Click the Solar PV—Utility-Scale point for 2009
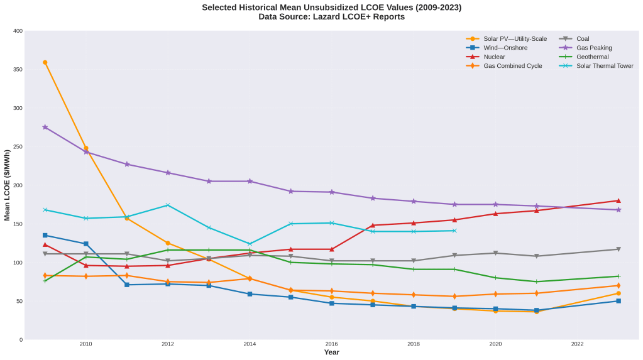point(45,62)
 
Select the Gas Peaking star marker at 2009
point(45,127)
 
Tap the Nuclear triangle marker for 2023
point(618,200)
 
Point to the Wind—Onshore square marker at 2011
point(127,285)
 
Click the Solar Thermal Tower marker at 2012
point(168,205)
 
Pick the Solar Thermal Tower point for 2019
point(454,231)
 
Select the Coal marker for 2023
point(618,249)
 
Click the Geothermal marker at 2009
point(45,281)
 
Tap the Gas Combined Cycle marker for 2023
point(618,286)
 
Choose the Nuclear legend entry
point(494,57)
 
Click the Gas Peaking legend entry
point(593,48)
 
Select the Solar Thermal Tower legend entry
point(605,66)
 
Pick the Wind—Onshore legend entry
point(505,48)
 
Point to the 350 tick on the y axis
point(18,69)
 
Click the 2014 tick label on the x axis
point(250,344)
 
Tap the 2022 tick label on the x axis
point(578,344)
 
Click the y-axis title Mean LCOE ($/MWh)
point(7,185)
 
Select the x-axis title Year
point(331,352)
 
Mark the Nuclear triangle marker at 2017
point(373,225)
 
